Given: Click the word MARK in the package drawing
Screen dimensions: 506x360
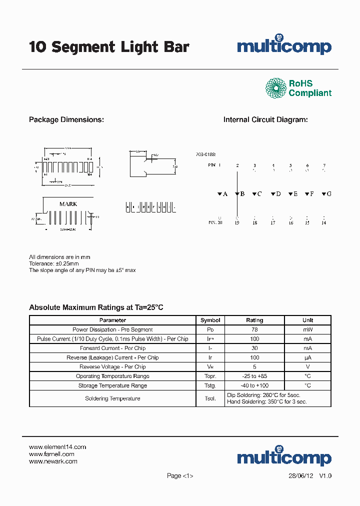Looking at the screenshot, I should click(x=68, y=204).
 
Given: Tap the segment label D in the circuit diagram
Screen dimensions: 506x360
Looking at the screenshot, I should click(x=278, y=193).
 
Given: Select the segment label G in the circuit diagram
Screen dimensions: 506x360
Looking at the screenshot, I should click(x=329, y=193).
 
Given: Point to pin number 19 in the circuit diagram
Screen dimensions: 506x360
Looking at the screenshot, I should click(x=237, y=223).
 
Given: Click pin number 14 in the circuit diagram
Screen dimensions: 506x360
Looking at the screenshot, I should click(x=323, y=223).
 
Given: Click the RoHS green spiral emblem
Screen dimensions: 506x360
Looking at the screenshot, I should click(x=275, y=88).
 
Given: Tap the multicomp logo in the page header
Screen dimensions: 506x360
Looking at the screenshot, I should click(x=284, y=46).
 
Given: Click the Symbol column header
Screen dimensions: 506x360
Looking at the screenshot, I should click(x=210, y=320).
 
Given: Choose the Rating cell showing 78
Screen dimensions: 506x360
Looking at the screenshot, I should click(x=254, y=329).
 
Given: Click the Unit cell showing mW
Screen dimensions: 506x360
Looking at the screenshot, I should click(x=307, y=329).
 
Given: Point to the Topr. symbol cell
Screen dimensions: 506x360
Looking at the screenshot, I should click(x=210, y=376).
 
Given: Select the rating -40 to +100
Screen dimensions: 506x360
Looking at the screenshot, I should click(x=254, y=385).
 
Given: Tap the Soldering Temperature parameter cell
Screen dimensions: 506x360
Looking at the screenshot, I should click(x=112, y=398).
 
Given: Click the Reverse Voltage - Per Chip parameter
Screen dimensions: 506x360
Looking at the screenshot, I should click(x=112, y=367).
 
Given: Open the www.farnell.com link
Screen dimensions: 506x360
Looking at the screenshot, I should click(x=51, y=454).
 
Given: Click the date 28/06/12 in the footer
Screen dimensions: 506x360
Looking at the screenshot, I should click(x=301, y=475).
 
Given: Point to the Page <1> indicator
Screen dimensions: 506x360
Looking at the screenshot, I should click(x=180, y=475).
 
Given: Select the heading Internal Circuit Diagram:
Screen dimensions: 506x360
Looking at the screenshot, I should click(x=265, y=120).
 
